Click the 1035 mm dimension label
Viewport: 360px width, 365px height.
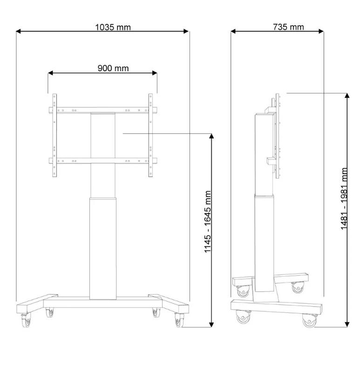[113, 27]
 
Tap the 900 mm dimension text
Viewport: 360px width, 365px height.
[113, 68]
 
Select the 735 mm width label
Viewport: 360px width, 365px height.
[289, 27]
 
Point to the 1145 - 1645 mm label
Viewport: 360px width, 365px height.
[207, 222]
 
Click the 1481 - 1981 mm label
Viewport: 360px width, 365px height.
[344, 199]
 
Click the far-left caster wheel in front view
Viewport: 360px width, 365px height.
[26, 321]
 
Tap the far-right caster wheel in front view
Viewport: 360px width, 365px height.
[179, 320]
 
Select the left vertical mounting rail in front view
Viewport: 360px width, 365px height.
[54, 135]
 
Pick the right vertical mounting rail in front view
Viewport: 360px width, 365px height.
[151, 135]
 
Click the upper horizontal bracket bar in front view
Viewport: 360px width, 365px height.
[102, 110]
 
